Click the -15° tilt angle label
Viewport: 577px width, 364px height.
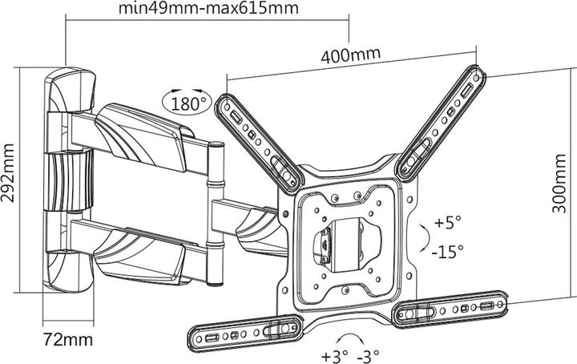click(x=448, y=251)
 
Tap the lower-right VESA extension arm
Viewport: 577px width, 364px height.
click(x=453, y=309)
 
